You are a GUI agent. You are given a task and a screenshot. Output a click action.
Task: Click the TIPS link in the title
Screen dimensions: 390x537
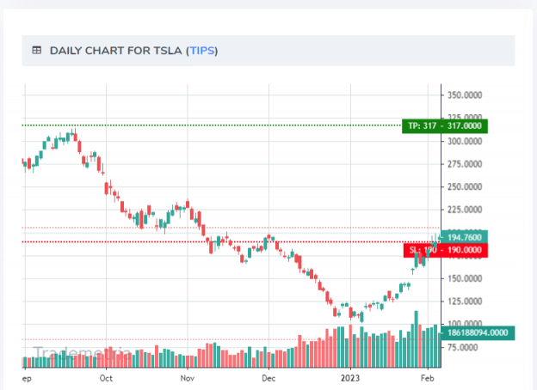point(202,51)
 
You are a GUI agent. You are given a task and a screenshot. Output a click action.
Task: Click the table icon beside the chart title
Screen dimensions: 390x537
point(37,51)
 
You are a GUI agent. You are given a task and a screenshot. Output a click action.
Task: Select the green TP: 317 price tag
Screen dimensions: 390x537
point(444,126)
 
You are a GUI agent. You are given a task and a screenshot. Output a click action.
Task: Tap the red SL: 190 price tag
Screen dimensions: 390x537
point(444,250)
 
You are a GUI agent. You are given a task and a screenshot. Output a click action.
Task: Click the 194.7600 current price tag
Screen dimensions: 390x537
point(466,237)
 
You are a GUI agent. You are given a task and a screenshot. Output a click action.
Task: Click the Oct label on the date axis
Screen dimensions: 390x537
point(106,377)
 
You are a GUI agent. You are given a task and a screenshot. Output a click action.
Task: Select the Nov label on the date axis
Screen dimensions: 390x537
point(187,377)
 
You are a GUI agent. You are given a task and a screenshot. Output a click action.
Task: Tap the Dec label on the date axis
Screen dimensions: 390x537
point(268,377)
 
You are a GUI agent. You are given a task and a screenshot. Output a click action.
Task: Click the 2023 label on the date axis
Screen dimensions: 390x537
point(349,377)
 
